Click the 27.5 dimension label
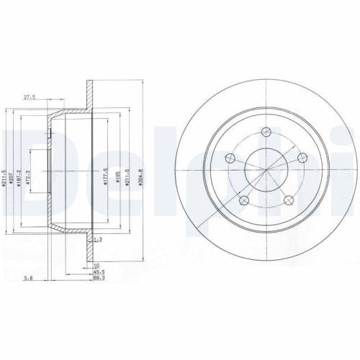click(30, 96)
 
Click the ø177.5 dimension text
click(105, 177)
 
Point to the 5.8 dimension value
click(27, 276)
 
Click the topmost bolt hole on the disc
click(265, 131)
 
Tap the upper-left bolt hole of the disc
click(230, 159)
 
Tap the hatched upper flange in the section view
click(90, 94)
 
